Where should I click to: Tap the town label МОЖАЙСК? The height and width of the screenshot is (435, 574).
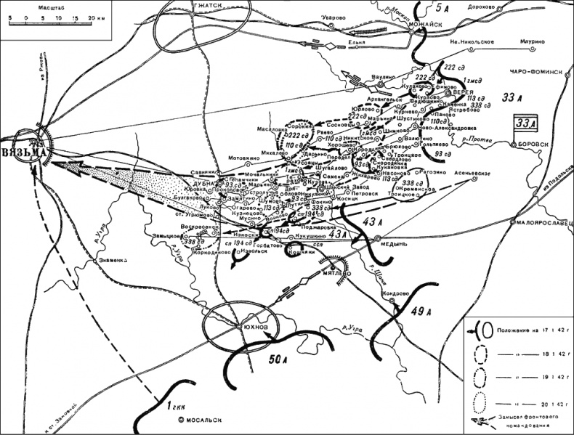tap(431, 25)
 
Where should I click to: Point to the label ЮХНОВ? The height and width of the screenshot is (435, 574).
tap(254, 328)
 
